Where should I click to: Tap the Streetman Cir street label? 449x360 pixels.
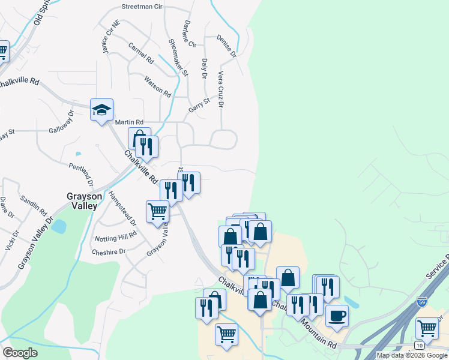click(x=142, y=7)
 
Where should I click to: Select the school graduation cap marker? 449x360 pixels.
click(x=102, y=110)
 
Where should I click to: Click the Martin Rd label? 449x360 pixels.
click(x=131, y=122)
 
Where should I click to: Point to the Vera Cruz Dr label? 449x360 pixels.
click(x=221, y=89)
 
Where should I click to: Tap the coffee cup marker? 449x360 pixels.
click(x=337, y=314)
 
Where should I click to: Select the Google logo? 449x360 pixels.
click(x=19, y=352)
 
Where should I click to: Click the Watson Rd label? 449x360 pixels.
click(x=158, y=86)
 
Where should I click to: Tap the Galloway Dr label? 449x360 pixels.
click(x=61, y=121)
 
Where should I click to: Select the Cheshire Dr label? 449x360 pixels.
click(x=109, y=252)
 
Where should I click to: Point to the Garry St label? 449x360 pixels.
click(x=199, y=106)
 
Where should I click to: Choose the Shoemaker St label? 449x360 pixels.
click(x=179, y=57)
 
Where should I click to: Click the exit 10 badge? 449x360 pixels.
click(x=419, y=345)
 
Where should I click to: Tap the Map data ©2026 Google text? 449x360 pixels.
click(x=411, y=355)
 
